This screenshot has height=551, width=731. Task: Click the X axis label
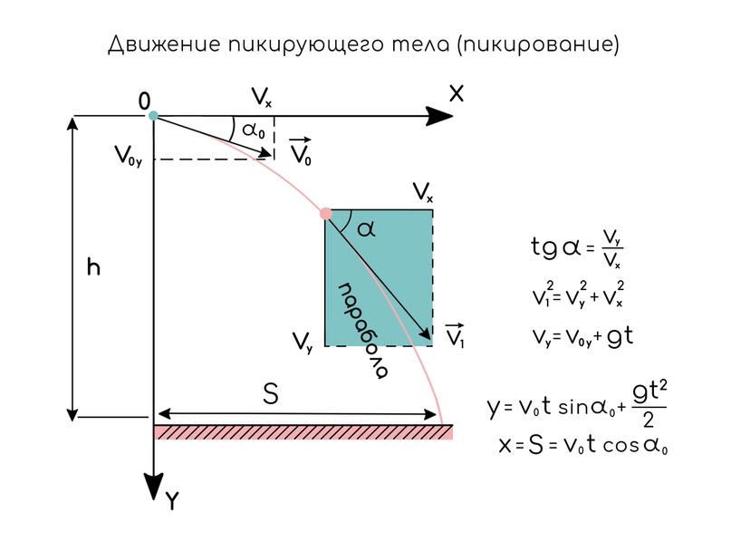[x=457, y=92]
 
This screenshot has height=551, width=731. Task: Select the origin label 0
[x=144, y=101]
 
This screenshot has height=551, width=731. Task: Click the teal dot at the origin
[x=153, y=115]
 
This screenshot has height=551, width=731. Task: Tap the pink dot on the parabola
[x=326, y=214]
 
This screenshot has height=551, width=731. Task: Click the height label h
[x=93, y=268]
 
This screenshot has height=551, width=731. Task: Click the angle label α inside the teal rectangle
[x=366, y=230]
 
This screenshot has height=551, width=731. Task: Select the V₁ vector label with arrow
[x=457, y=336]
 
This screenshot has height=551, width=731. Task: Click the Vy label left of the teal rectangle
[x=303, y=342]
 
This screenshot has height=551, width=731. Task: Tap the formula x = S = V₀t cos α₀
[x=583, y=445]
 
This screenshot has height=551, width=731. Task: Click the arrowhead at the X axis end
[x=441, y=115]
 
